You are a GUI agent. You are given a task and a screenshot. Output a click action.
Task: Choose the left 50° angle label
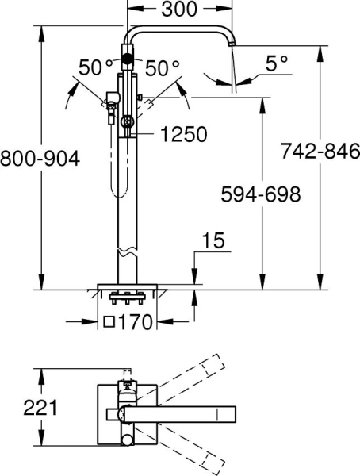click(x=96, y=68)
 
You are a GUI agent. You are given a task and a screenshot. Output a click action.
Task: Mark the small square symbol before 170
click(x=109, y=322)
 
